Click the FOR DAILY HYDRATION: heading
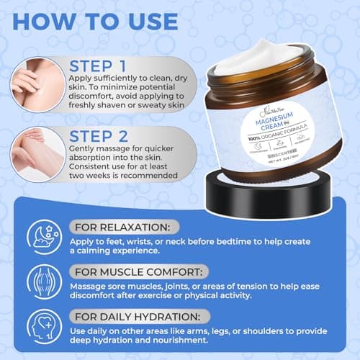click(140, 316)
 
